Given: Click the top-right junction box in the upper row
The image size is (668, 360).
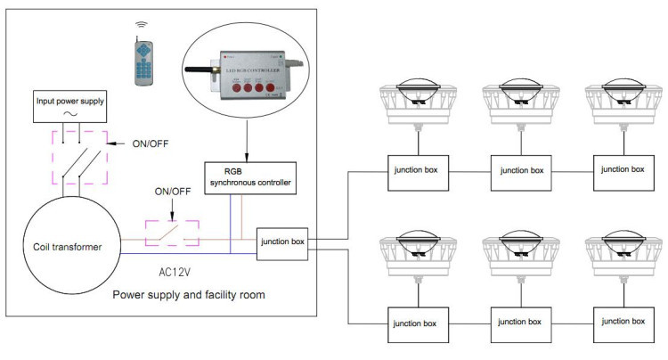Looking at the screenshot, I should coord(621,168).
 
